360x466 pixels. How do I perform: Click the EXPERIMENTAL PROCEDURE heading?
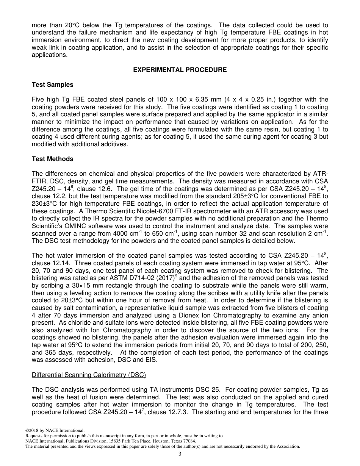tap(180, 70)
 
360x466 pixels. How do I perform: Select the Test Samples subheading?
tap(52, 84)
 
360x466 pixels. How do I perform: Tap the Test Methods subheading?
tap(52, 159)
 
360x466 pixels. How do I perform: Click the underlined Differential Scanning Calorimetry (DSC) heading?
tap(89, 375)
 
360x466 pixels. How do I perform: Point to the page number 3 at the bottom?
tap(180, 454)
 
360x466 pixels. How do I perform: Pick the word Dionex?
tap(194, 316)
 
